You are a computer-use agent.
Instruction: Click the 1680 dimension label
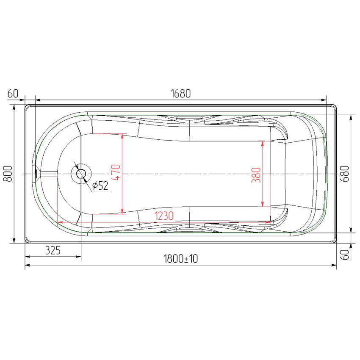(x=181, y=94)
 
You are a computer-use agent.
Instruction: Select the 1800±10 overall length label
(x=181, y=259)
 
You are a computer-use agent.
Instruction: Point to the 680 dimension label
(x=345, y=174)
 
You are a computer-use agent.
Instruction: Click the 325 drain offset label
(x=53, y=250)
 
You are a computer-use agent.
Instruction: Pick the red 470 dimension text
(x=116, y=172)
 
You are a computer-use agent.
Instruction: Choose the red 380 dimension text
(x=256, y=175)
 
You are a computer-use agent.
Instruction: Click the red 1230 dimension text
(x=164, y=216)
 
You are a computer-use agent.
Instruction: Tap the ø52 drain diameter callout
(x=100, y=186)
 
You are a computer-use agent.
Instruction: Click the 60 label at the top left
(x=13, y=94)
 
